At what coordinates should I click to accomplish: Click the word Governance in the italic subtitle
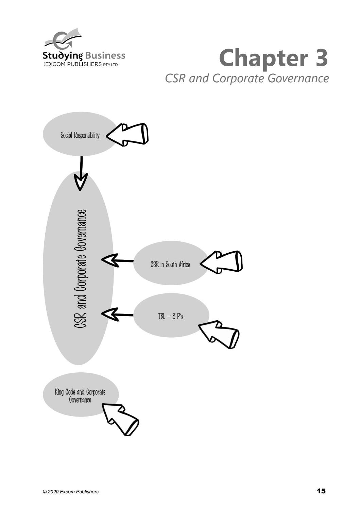(298, 79)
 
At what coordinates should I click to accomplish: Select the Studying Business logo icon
(63, 39)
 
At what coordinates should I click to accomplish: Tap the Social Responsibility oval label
(80, 135)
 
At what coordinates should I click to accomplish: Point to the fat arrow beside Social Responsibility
(127, 135)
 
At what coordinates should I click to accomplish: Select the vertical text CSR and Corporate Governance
(81, 269)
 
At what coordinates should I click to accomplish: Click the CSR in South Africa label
(170, 264)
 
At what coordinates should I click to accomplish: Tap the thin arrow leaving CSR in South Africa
(117, 260)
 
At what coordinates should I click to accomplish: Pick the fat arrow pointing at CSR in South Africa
(221, 262)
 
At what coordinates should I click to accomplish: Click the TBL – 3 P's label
(171, 316)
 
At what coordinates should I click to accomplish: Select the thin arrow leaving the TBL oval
(117, 315)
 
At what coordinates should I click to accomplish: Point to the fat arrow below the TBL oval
(219, 335)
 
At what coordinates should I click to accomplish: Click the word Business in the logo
(105, 55)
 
